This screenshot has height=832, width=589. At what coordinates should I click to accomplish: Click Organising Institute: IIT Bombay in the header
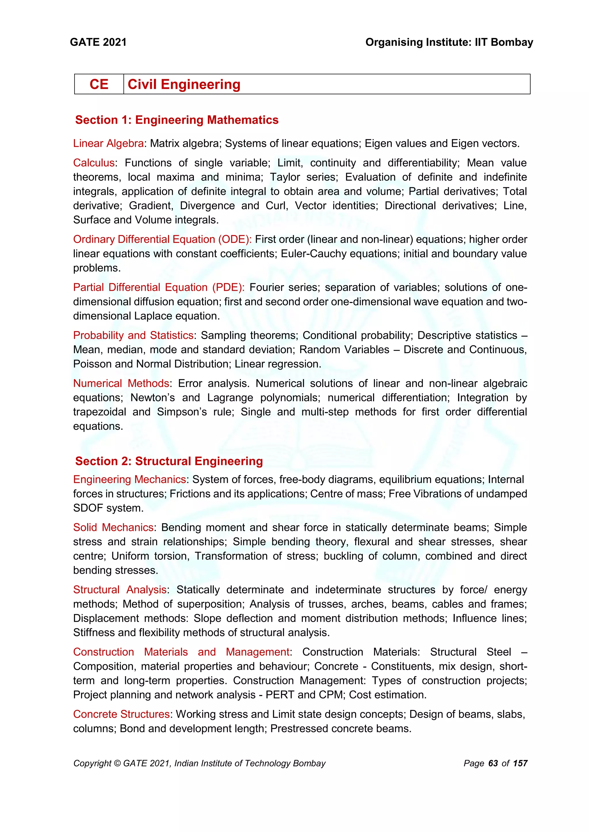(x=449, y=43)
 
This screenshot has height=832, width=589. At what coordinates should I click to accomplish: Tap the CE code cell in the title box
(x=99, y=84)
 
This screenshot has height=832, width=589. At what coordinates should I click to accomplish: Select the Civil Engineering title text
(x=184, y=84)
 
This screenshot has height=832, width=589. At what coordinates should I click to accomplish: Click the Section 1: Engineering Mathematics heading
(x=177, y=120)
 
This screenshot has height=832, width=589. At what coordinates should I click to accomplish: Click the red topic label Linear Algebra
(x=108, y=143)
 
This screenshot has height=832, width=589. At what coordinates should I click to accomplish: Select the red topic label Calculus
(x=93, y=163)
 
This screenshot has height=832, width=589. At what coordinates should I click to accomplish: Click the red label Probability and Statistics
(x=133, y=335)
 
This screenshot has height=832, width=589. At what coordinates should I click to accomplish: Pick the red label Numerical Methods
(x=121, y=383)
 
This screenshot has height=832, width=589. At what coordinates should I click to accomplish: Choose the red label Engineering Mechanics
(x=129, y=479)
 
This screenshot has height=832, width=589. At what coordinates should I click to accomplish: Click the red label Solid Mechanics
(x=113, y=527)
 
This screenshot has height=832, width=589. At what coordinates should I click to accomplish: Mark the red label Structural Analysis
(x=120, y=590)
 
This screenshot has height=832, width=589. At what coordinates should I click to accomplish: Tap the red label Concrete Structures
(x=121, y=714)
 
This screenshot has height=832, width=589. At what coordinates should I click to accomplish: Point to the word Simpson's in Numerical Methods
(x=182, y=412)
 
